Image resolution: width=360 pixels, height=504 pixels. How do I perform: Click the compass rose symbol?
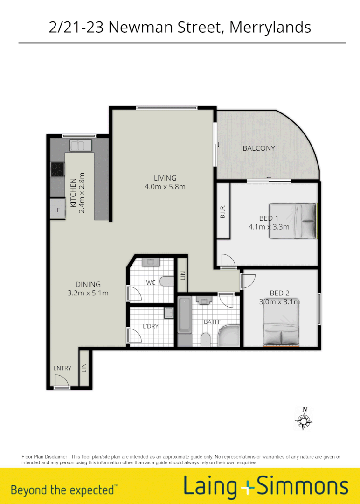(304, 419)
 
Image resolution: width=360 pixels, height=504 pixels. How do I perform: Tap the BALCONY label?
(259, 148)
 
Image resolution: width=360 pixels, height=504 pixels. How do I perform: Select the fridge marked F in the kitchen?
(58, 210)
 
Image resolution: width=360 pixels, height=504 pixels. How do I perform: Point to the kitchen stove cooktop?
(57, 169)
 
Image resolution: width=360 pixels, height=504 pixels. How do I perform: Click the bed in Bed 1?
(292, 221)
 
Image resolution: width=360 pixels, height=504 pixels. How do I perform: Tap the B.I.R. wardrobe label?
(223, 211)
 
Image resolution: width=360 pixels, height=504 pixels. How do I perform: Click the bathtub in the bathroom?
(184, 316)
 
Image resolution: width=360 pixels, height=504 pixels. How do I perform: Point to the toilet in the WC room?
(166, 281)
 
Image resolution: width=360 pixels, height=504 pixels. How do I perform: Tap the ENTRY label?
(62, 368)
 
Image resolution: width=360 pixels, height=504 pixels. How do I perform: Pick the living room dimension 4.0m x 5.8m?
(165, 187)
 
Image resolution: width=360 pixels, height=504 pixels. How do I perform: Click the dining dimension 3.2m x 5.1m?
(88, 293)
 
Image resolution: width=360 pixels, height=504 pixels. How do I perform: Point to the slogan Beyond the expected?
(64, 490)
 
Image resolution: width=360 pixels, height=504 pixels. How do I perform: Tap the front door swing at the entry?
(61, 383)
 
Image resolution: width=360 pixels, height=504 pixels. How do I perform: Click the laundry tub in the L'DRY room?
(169, 313)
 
